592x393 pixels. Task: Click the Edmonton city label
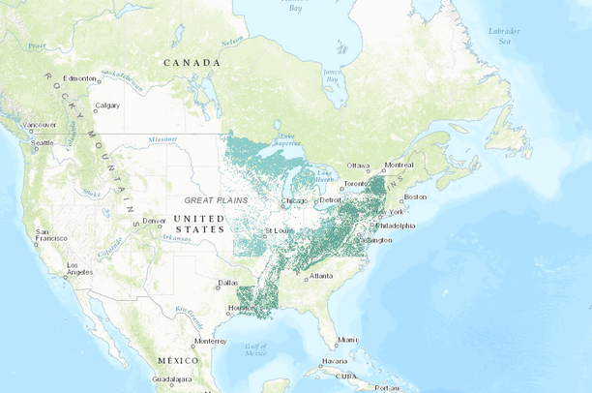point(80,78)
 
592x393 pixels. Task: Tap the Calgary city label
point(106,106)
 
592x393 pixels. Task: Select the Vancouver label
point(40,125)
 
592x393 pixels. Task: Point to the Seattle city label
point(42,143)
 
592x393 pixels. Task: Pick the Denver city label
point(154,220)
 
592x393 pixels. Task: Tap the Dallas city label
point(228,283)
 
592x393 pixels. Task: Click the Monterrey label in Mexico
point(209,341)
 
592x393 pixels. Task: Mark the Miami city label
point(347,340)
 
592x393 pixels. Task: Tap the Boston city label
point(415,196)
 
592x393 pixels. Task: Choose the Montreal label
point(399,165)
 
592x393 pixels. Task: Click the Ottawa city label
point(359,166)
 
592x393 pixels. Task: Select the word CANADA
point(191,63)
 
